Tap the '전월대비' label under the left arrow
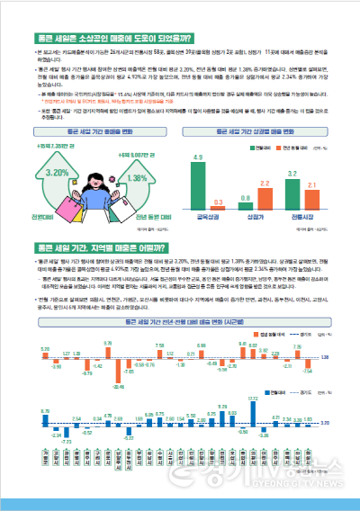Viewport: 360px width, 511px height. [42, 218]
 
